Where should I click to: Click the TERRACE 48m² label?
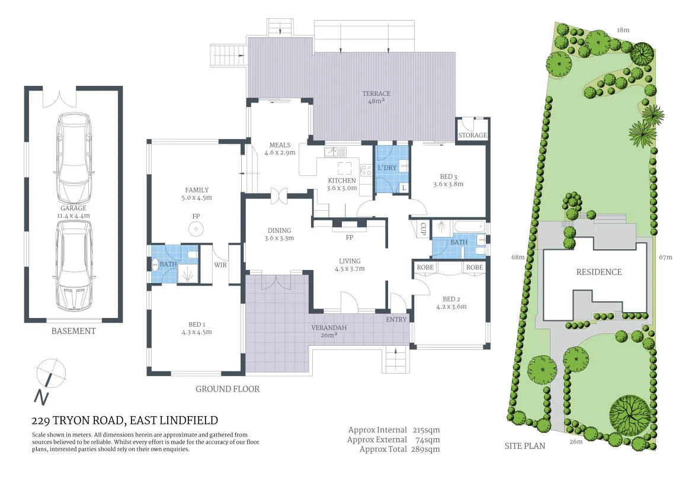376,97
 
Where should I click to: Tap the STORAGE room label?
472,135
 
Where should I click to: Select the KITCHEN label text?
342,181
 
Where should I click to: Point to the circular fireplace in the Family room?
196,229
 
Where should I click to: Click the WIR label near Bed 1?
220,265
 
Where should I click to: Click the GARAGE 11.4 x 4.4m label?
73,211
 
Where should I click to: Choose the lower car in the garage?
74,265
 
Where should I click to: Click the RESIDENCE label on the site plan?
599,272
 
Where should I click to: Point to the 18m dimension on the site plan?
623,30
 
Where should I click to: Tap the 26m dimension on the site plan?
576,442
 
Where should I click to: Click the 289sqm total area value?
425,449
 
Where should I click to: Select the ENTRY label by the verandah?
396,319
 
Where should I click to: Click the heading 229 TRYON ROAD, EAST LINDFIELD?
125,420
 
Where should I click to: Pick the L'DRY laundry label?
387,168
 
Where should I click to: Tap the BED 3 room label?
449,176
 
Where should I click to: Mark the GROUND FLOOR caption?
228,389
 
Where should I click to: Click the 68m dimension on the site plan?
518,257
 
